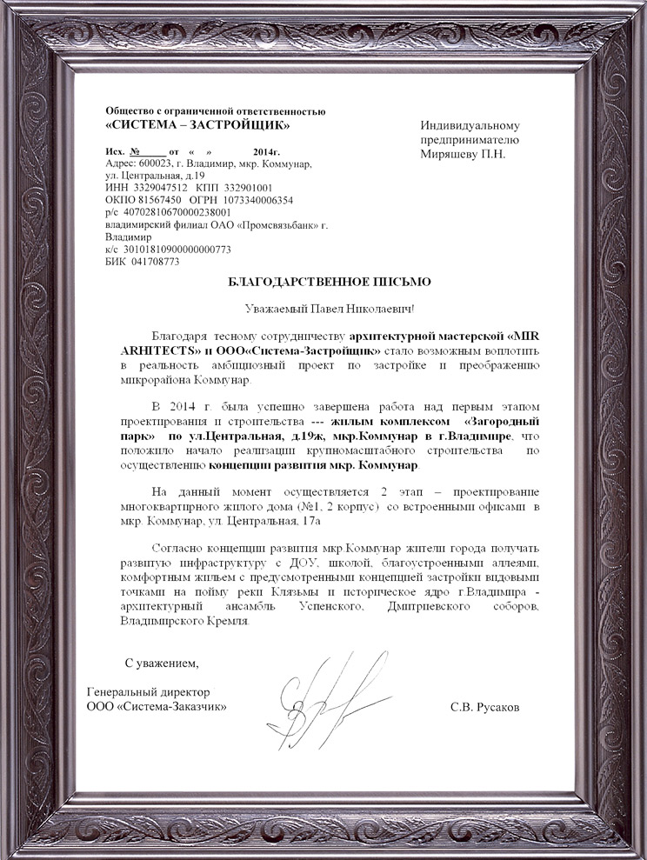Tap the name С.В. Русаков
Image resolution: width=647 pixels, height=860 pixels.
[x=485, y=707]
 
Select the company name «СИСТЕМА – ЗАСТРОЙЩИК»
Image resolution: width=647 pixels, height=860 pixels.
[x=197, y=124]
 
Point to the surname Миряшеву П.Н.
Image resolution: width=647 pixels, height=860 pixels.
[x=464, y=153]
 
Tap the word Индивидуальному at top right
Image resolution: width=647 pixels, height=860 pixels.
[x=470, y=125]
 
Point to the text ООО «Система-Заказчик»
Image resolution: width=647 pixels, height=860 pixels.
[x=158, y=706]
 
